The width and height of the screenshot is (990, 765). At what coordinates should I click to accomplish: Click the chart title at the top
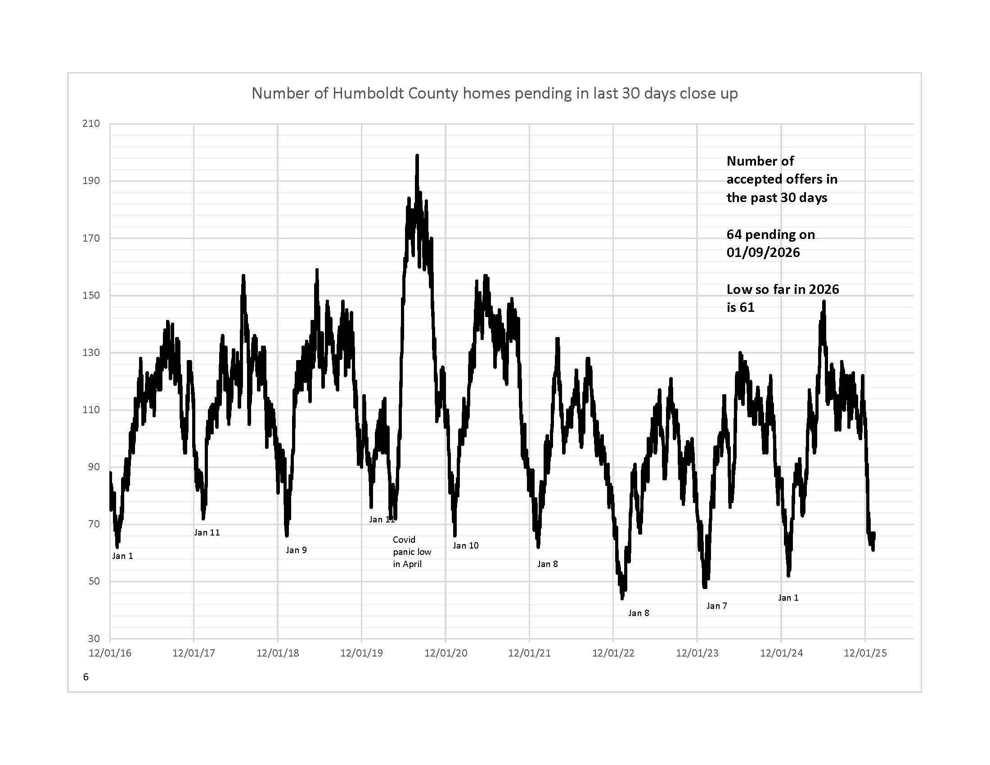495,93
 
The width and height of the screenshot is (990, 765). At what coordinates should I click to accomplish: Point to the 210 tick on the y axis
90,124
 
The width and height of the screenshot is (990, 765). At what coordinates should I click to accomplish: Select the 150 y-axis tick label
90,296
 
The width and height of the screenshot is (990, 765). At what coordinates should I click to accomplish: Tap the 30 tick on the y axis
94,639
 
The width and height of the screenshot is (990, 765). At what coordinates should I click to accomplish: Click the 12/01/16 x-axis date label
110,653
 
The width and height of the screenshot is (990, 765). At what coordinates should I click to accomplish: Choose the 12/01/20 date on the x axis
445,653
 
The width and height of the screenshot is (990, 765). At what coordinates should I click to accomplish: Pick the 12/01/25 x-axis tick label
865,653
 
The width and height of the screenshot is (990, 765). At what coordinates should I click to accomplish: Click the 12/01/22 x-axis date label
613,653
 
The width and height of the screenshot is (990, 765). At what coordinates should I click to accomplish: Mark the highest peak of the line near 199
417,156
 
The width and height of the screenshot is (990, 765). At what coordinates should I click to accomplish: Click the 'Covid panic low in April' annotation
412,552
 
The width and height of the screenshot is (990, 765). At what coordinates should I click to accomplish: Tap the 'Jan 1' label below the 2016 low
122,556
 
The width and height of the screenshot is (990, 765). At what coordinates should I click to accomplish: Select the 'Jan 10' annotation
466,546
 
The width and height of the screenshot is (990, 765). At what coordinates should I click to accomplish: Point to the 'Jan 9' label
296,550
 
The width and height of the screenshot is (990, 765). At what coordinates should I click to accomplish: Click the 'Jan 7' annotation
717,606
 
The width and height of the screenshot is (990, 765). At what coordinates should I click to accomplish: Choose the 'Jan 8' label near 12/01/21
548,564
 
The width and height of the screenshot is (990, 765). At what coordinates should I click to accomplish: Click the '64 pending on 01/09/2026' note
770,243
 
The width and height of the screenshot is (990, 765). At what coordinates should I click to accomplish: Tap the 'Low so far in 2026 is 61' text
783,298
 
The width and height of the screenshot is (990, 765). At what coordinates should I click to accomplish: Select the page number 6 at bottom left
85,677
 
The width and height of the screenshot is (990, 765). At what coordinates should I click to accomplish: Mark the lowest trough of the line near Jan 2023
622,598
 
